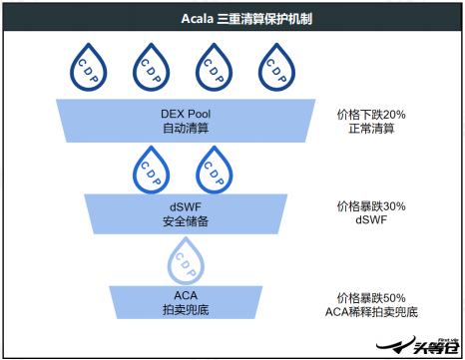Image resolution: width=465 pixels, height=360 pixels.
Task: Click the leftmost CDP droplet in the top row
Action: click(x=88, y=70)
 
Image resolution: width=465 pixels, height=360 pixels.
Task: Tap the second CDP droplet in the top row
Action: click(x=150, y=70)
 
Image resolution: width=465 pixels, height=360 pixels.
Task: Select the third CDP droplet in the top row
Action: click(x=211, y=70)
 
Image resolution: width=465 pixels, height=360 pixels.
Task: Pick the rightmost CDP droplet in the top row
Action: click(x=275, y=70)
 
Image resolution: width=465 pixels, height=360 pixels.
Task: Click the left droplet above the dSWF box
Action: click(x=151, y=167)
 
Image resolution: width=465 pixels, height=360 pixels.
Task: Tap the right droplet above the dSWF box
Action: click(x=214, y=167)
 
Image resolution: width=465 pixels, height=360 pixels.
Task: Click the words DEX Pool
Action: click(x=186, y=114)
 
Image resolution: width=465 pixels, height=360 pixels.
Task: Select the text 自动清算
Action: click(x=186, y=128)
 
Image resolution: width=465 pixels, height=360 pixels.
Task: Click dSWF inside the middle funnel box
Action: click(x=186, y=205)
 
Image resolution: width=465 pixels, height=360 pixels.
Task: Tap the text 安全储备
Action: click(x=186, y=220)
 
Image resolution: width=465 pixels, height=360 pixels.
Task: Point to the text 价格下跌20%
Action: click(x=370, y=115)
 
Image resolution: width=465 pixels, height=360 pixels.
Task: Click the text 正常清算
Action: click(x=370, y=129)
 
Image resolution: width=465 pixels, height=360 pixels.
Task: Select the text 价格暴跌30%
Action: click(x=370, y=206)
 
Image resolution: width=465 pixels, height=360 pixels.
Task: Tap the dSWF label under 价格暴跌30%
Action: click(x=370, y=220)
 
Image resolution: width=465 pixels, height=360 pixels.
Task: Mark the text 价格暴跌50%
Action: click(x=370, y=296)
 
